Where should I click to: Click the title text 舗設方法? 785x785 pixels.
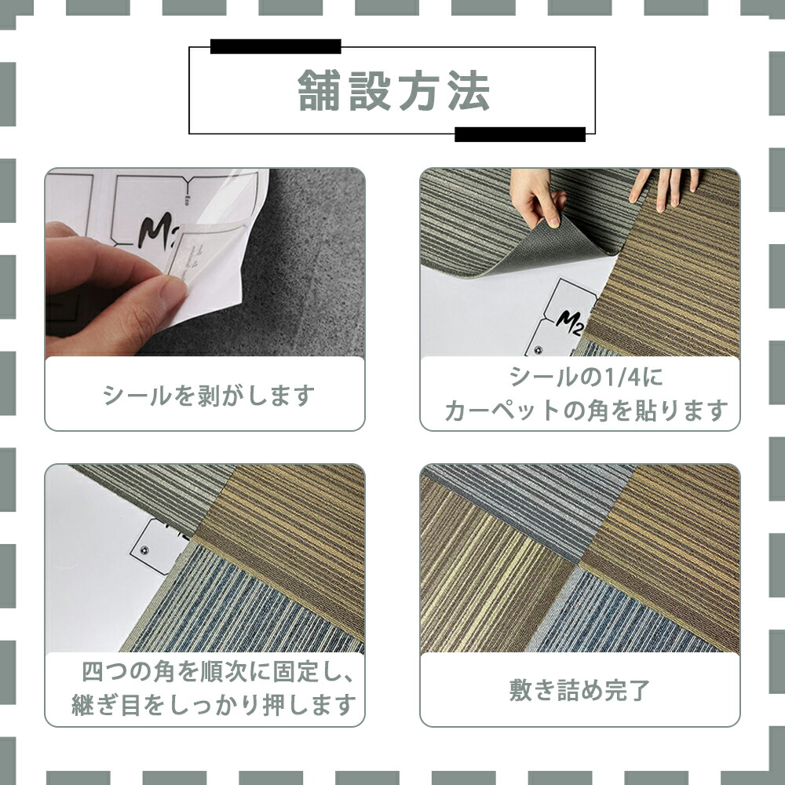[393, 90]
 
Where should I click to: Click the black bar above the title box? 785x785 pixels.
[276, 46]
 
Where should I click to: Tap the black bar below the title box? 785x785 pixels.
[520, 134]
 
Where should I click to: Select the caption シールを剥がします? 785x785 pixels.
[208, 395]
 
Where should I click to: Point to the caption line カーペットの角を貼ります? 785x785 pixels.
[586, 410]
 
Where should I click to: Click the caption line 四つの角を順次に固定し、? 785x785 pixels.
[218, 671]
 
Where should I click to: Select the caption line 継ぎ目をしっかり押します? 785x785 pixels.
[214, 704]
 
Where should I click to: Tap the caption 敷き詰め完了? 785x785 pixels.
[579, 690]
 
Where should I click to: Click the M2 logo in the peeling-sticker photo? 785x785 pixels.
[155, 231]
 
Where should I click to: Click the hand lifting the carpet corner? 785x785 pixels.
[536, 197]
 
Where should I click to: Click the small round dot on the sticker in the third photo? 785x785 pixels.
[144, 550]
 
